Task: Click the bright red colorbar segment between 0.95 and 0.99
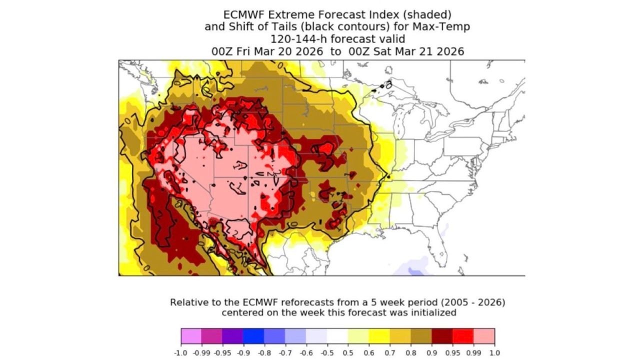point(463,336)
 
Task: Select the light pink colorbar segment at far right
point(484,336)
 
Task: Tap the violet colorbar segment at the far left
point(191,336)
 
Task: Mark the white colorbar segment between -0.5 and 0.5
point(337,336)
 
